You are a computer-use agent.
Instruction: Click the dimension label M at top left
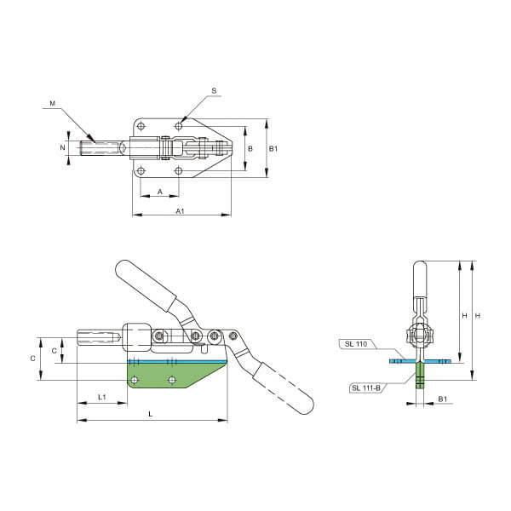click(53, 103)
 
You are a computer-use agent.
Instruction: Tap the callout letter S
click(214, 91)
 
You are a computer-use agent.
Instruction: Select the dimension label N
click(62, 147)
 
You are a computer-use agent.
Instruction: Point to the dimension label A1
click(181, 211)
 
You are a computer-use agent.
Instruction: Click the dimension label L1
click(102, 397)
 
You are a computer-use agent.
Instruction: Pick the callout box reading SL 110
click(356, 344)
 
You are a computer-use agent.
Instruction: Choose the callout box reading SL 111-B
click(366, 388)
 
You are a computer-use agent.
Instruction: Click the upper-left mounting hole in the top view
click(141, 126)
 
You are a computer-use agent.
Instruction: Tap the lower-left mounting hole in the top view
click(141, 170)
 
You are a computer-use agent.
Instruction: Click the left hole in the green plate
click(135, 380)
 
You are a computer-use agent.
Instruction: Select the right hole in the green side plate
click(172, 380)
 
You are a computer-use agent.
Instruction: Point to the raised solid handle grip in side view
click(146, 286)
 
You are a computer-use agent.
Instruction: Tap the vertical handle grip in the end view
click(420, 279)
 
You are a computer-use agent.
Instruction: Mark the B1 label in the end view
click(442, 399)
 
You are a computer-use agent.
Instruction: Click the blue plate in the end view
click(421, 361)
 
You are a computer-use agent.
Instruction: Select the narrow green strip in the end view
click(420, 376)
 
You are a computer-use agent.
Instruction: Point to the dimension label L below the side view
click(150, 414)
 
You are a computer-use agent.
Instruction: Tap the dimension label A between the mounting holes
click(160, 192)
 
